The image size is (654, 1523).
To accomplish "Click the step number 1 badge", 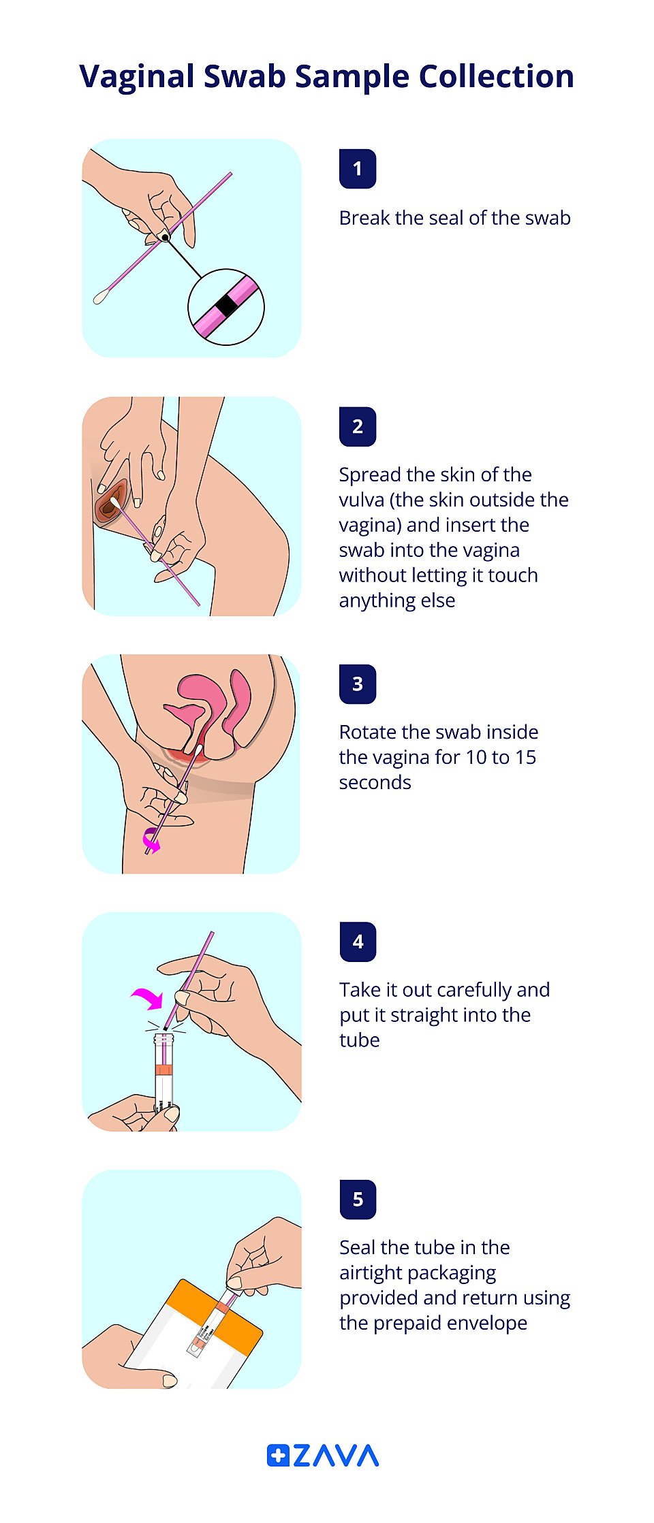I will pos(358,168).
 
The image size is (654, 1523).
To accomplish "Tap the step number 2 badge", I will pos(358,426).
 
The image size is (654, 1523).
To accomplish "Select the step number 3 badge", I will pos(358,684).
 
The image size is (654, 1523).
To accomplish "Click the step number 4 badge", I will pos(358,942).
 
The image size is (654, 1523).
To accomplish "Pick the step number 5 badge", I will pos(358,1199).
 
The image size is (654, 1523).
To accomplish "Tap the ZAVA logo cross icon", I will pos(278,1455).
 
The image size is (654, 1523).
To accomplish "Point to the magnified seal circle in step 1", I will pos(226,306).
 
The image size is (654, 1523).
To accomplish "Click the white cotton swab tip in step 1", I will pos(102,297).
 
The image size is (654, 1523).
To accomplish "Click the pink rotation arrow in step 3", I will pos(151,840).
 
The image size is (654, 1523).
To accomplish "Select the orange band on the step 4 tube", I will pos(163,1070).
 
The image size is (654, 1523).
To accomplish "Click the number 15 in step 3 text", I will pos(525,757).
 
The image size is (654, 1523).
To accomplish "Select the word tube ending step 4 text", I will pos(359,1040).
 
